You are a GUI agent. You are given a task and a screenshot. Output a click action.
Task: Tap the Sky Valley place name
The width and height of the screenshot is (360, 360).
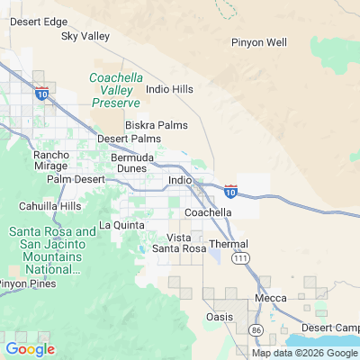point(85,37)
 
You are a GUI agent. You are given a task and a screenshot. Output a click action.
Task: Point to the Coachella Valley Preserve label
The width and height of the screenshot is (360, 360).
point(116,90)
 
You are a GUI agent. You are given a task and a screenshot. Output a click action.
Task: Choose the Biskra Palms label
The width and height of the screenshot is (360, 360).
point(150,124)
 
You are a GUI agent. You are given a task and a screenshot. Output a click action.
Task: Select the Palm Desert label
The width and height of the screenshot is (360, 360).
point(76,179)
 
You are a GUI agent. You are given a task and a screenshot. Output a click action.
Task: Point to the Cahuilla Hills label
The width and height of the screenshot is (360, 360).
point(49,205)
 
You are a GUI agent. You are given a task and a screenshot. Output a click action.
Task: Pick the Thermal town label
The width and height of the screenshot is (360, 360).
point(229,244)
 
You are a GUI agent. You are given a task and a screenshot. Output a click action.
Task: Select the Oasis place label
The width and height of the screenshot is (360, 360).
point(220,316)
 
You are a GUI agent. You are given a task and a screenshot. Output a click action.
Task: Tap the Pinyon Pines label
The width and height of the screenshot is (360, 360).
point(28,283)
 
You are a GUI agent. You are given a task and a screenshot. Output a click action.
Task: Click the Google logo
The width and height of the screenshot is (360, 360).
point(30,349)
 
